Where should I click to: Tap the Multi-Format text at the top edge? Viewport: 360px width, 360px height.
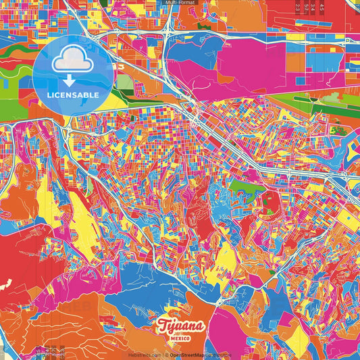(x=179, y=3)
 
